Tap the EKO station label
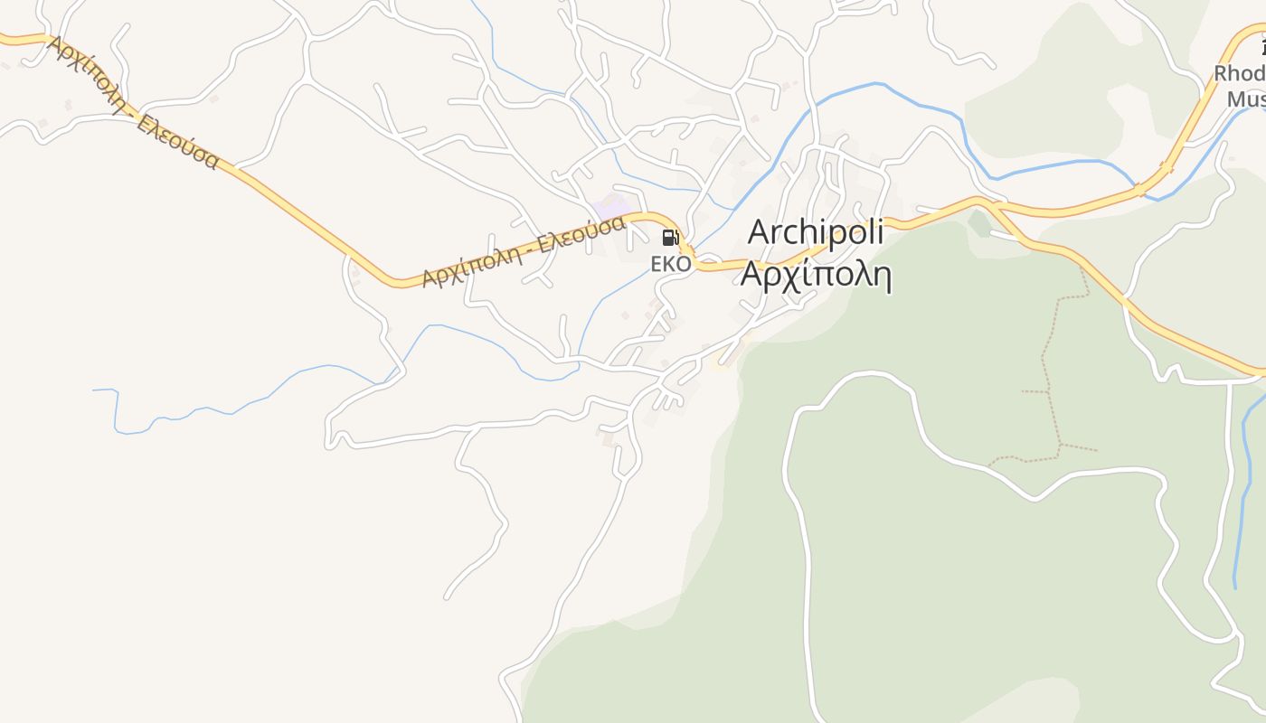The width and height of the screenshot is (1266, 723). (x=671, y=264)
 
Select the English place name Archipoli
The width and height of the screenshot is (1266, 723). (x=816, y=232)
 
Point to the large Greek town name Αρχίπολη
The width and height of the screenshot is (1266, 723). (x=816, y=274)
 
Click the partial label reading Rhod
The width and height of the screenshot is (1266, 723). (x=1239, y=73)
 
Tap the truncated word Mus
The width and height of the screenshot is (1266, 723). (x=1246, y=99)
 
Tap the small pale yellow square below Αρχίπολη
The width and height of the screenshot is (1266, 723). (x=720, y=363)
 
